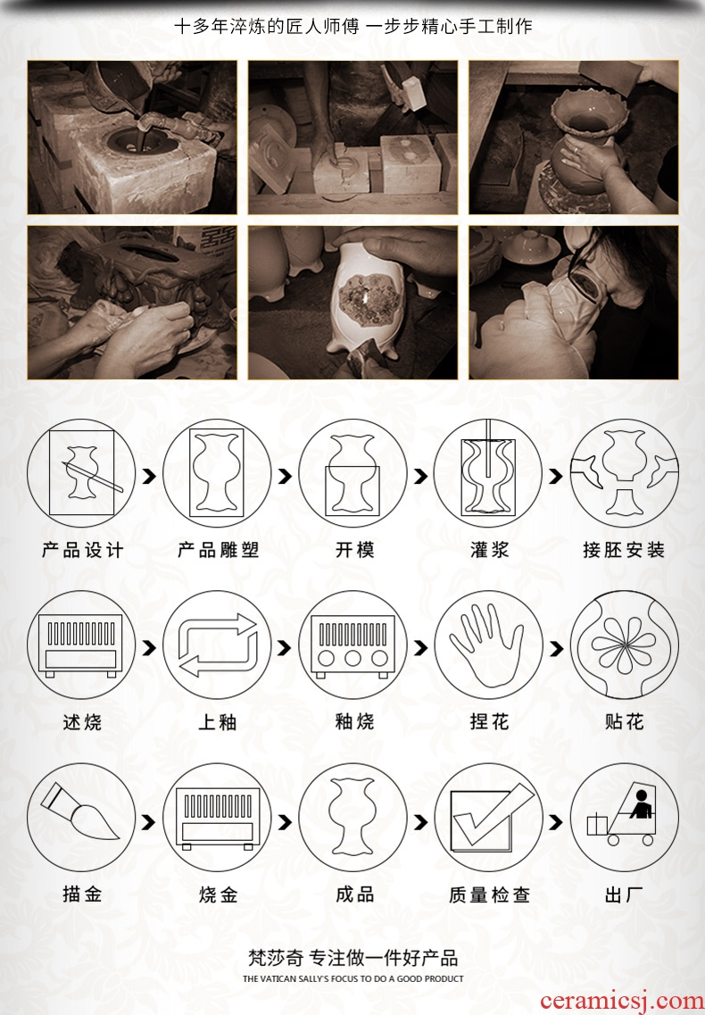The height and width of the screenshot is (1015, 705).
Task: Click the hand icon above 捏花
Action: pos(487,645)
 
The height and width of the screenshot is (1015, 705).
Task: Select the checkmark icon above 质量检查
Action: pos(489,817)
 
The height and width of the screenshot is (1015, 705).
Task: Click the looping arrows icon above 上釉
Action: pos(218,645)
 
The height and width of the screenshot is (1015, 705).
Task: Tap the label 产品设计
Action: pos(82,550)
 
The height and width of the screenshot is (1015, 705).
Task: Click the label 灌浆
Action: pos(489,550)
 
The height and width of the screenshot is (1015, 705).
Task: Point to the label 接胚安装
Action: pos(624,550)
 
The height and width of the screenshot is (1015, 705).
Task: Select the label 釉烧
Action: pos(354,721)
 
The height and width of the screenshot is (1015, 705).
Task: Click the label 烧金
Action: pos(218,895)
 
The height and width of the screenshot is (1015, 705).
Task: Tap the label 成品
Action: pos(354,894)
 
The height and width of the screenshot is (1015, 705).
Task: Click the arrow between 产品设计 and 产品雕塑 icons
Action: pos(150,477)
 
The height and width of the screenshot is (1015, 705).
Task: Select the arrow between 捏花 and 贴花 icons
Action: pos(556,648)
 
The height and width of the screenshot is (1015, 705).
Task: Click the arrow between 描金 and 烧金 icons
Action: pos(150,822)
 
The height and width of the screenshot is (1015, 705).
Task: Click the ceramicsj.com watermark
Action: pos(621,1001)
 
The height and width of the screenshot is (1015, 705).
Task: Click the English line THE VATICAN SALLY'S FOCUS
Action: pos(352,978)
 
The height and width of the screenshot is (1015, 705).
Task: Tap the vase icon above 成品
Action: pos(352,816)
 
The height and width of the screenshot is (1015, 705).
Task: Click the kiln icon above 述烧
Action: pos(81,645)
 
